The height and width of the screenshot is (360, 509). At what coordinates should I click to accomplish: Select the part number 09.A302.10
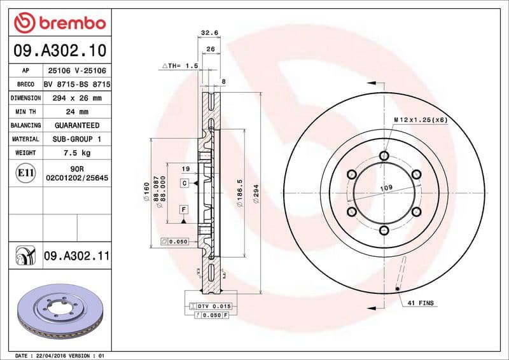pos(59,50)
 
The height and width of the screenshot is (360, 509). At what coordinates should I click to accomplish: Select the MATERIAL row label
pos(25,139)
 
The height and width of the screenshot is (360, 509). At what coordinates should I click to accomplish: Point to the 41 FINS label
pos(421,303)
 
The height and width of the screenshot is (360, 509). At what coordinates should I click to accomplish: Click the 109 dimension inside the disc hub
pos(386,188)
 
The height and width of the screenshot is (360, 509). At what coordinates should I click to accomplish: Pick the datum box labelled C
pos(183,183)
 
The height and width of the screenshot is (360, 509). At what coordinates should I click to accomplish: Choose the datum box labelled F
pos(183,209)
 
